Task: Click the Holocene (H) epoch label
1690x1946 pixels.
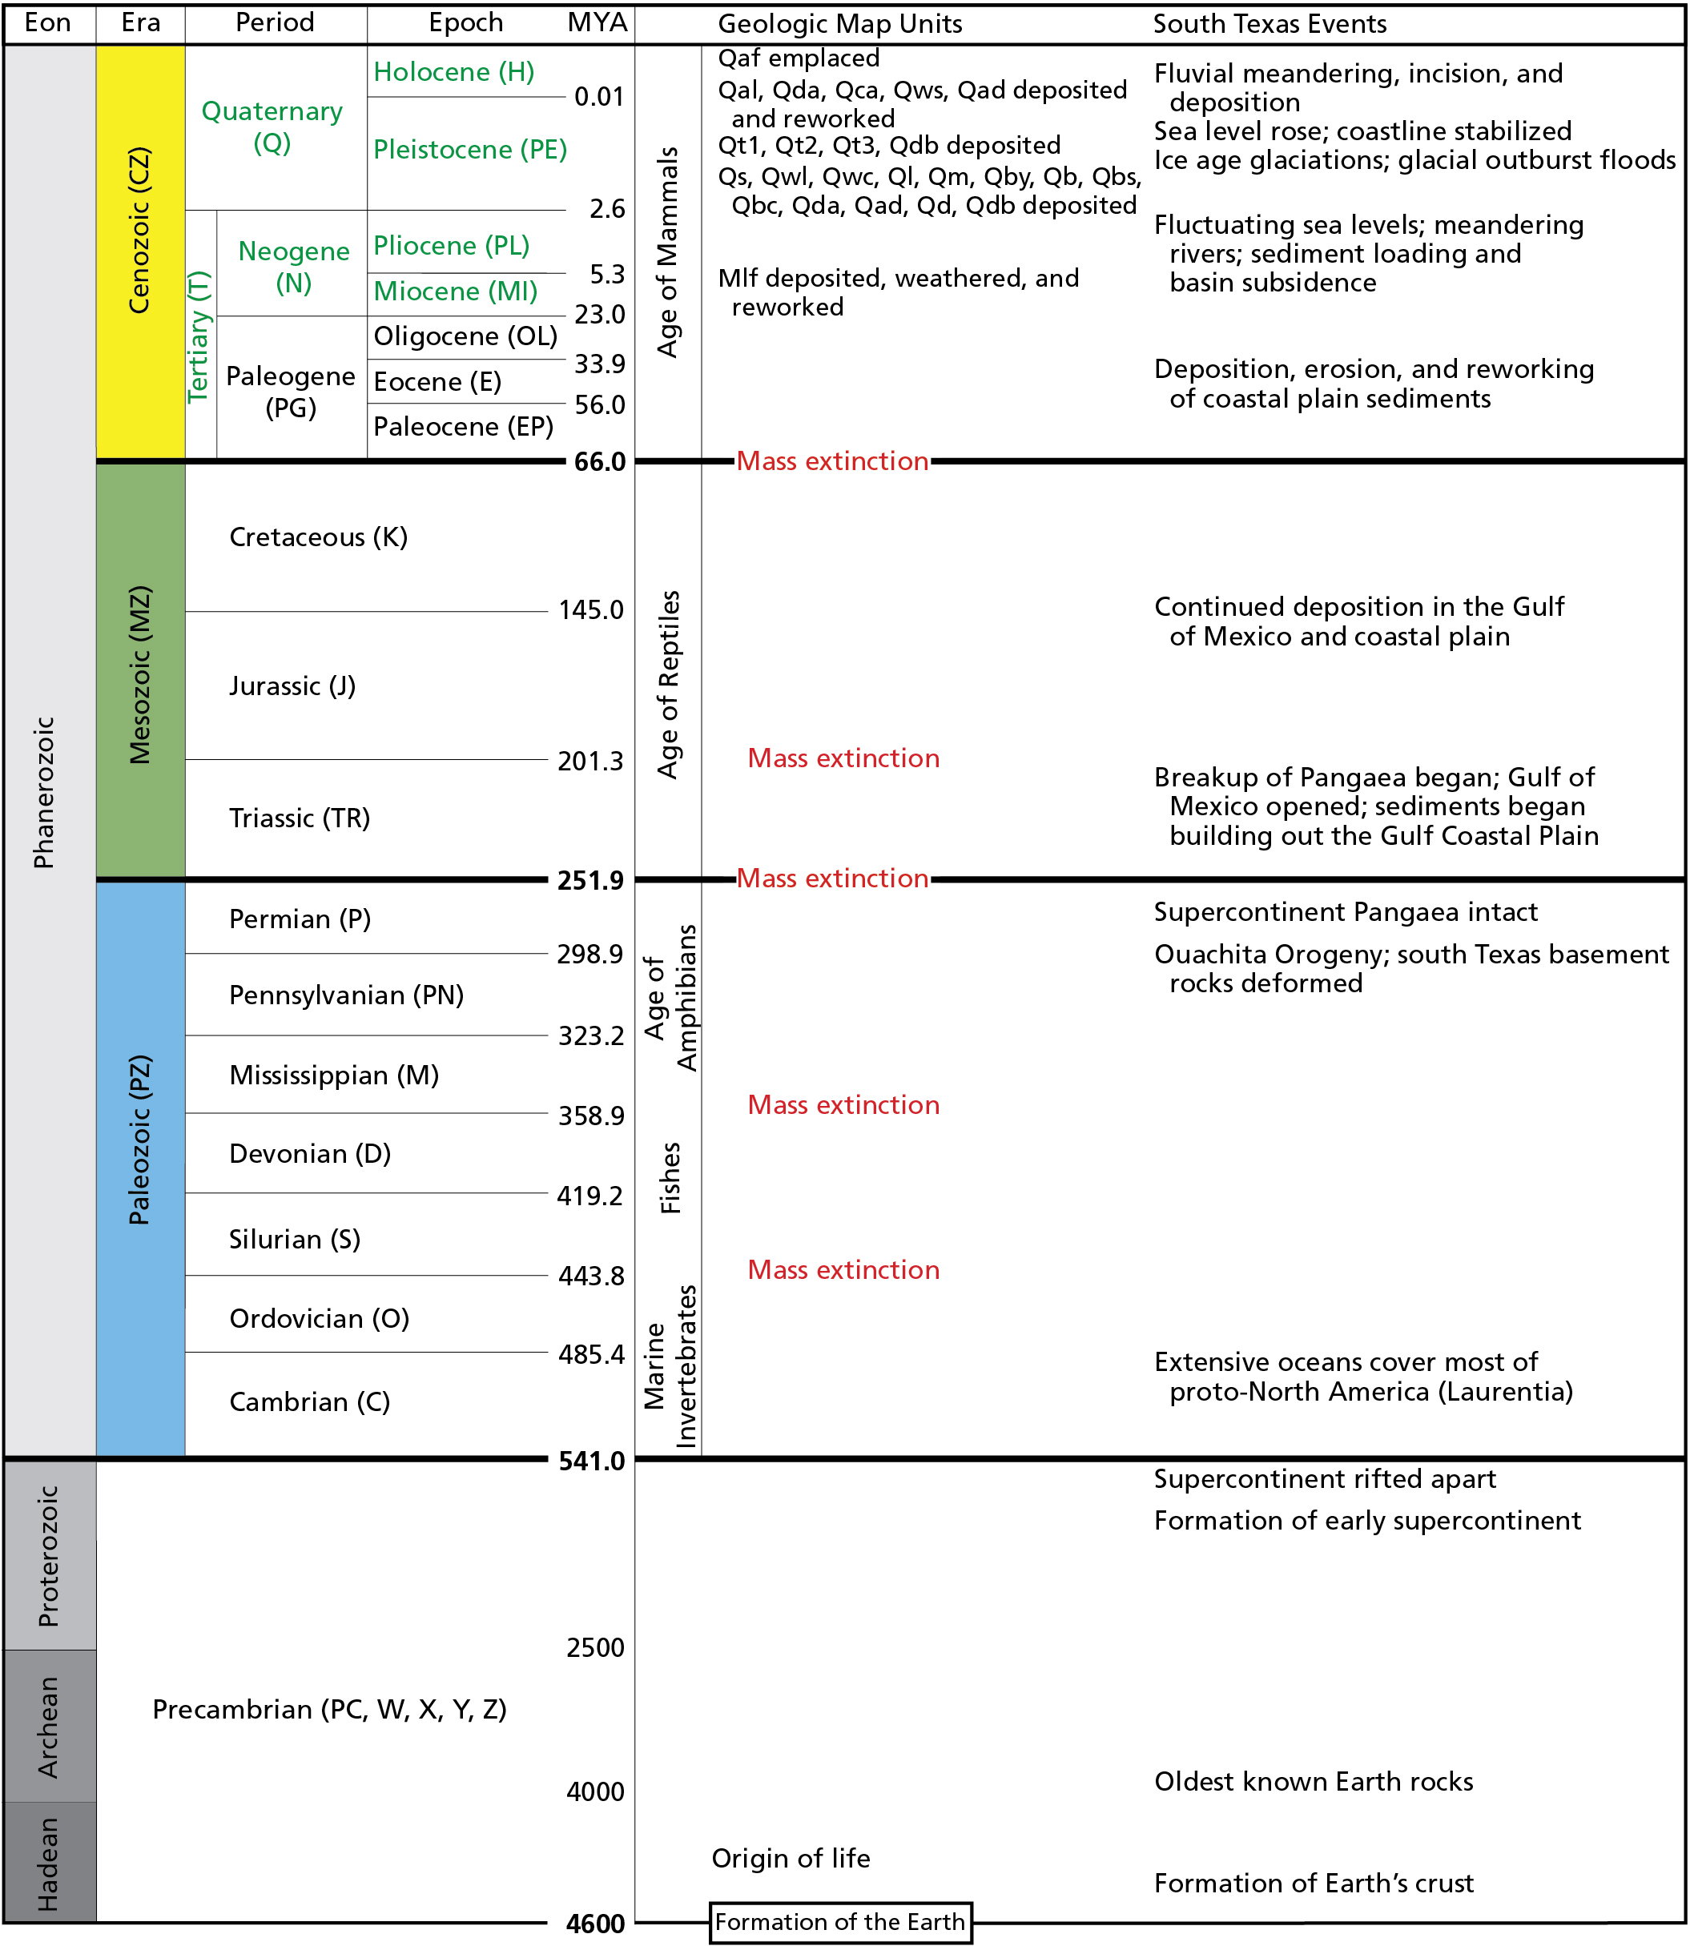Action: click(x=453, y=71)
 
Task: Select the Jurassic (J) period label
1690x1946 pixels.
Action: click(x=292, y=686)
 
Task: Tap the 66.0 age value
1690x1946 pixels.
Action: click(x=600, y=462)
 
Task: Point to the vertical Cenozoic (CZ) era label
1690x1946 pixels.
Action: click(x=139, y=230)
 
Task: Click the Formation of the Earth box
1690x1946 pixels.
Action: click(x=839, y=1921)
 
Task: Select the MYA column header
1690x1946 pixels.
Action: click(x=597, y=22)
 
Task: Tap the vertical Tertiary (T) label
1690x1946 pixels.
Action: click(x=198, y=336)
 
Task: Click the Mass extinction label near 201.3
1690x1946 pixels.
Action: click(x=843, y=758)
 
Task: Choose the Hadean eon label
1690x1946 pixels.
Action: click(x=47, y=1864)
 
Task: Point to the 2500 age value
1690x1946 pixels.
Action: click(x=595, y=1648)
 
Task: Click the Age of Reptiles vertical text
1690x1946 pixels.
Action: click(x=668, y=685)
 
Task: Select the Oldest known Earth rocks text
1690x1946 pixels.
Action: click(x=1313, y=1782)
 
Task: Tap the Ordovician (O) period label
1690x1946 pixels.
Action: click(x=319, y=1318)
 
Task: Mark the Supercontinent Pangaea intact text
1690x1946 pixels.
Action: click(x=1345, y=911)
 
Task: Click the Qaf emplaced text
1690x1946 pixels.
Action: click(x=798, y=58)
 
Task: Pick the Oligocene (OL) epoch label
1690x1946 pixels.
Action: click(x=465, y=336)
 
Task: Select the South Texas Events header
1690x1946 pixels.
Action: click(x=1270, y=23)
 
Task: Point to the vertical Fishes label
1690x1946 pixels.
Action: click(x=670, y=1179)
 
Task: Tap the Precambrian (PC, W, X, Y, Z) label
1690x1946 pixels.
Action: click(x=329, y=1709)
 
